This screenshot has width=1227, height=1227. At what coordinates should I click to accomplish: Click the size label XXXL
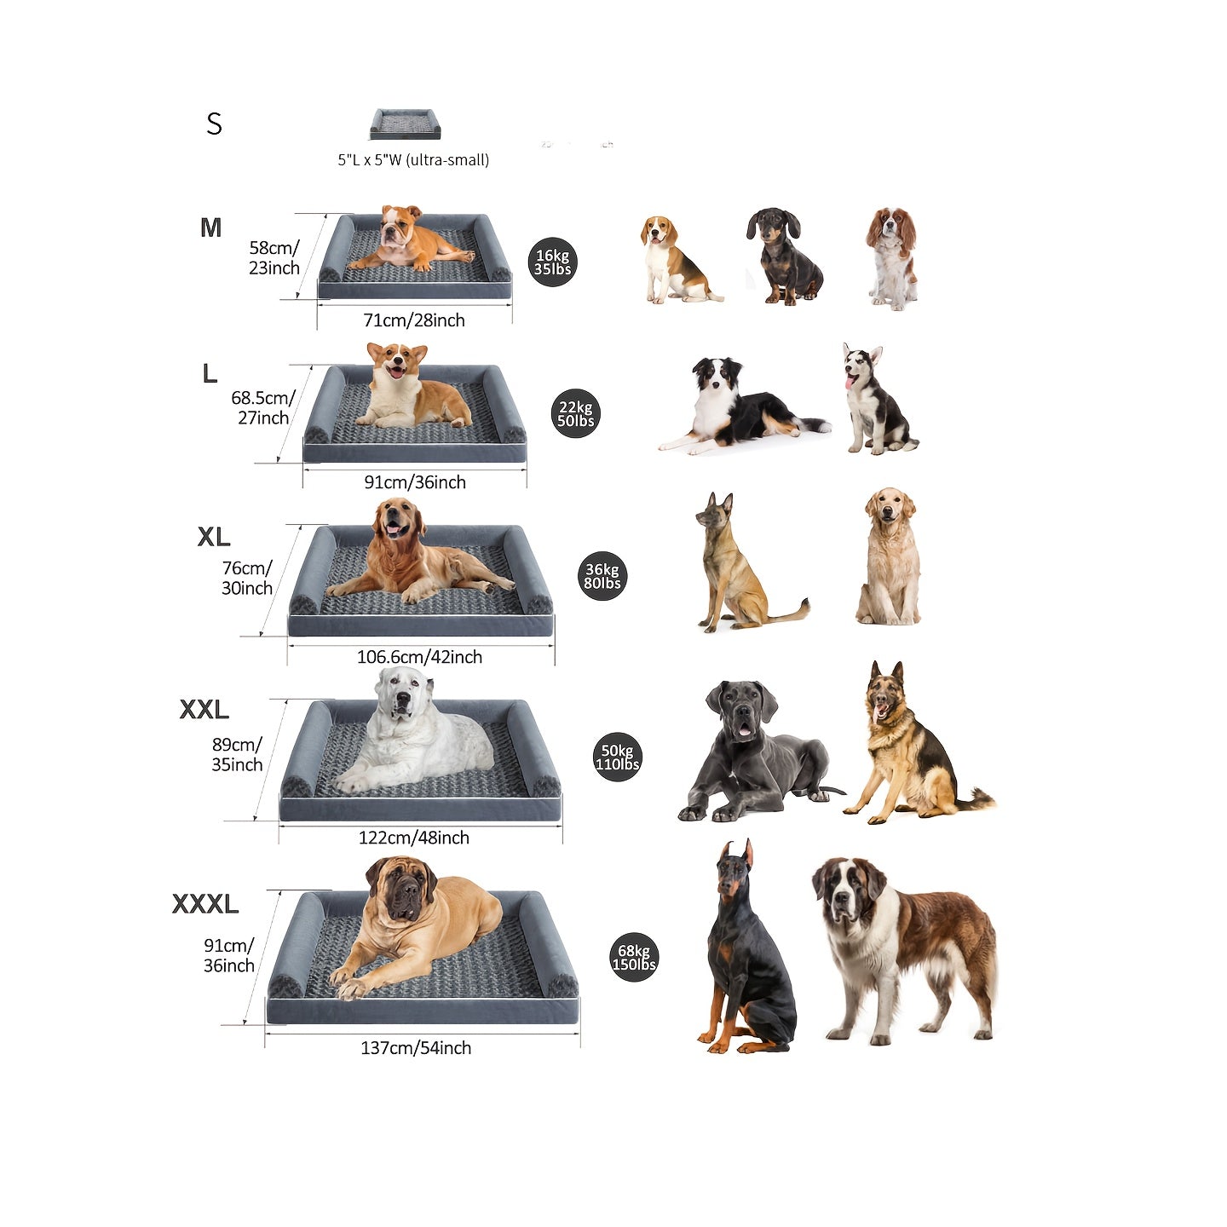[205, 904]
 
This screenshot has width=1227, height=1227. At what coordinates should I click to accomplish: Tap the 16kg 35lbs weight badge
[552, 262]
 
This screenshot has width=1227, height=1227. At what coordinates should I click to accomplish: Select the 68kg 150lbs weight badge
[634, 957]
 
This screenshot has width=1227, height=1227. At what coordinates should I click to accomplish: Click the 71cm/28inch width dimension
[414, 320]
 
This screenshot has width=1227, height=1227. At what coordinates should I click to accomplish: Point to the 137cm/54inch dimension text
[416, 1048]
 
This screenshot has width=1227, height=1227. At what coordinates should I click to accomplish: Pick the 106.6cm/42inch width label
[419, 657]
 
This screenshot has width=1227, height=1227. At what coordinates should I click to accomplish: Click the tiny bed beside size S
[405, 124]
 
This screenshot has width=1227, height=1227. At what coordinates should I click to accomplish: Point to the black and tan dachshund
[784, 256]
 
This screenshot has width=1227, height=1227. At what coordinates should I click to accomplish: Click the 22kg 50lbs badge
[576, 413]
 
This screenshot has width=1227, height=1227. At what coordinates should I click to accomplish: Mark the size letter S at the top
[214, 124]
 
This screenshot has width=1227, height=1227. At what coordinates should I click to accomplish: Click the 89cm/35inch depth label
[237, 755]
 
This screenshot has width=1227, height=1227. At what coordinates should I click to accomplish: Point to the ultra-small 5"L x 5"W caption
[413, 160]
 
